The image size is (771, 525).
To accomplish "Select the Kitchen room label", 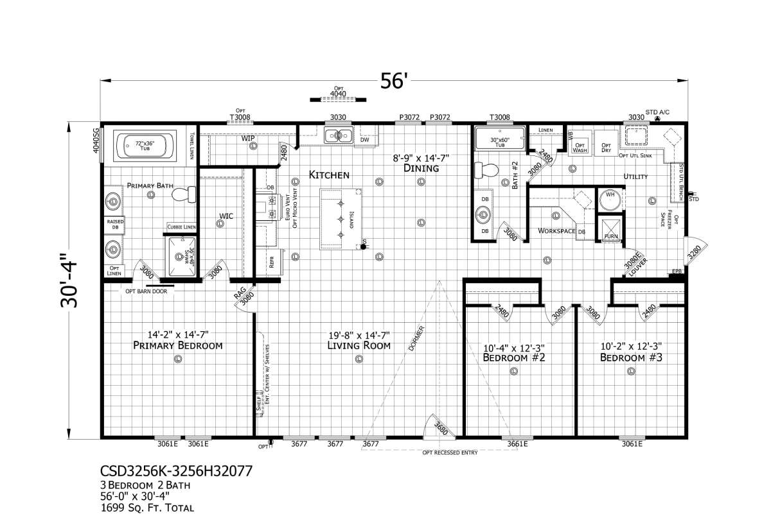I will (x=329, y=175).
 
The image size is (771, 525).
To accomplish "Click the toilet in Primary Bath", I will (x=186, y=194).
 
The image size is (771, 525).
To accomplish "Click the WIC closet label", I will (x=226, y=216).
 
